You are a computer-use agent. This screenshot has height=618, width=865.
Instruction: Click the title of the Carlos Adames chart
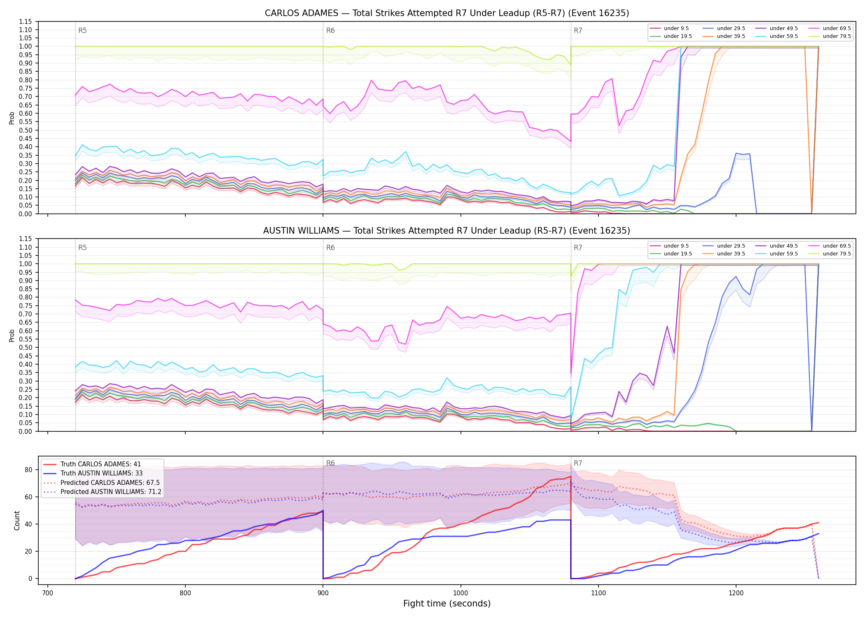[x=447, y=13]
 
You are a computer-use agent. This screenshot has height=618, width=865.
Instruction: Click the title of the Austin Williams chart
[x=447, y=231]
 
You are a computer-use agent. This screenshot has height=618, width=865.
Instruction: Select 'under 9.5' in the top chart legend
[x=676, y=28]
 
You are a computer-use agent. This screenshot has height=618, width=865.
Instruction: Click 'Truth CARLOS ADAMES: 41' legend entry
[x=101, y=464]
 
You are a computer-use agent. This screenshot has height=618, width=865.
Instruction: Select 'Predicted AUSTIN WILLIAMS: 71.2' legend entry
[x=111, y=492]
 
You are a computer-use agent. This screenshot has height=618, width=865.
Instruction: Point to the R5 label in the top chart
[x=82, y=30]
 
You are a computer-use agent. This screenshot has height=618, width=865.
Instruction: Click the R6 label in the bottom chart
[x=330, y=463]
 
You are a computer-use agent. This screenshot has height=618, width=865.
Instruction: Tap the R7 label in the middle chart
[x=578, y=248]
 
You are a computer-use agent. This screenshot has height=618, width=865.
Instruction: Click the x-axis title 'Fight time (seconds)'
[x=447, y=604]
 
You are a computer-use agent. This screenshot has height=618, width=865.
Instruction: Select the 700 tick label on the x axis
[x=48, y=593]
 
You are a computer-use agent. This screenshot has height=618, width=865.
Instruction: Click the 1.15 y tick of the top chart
[x=26, y=21]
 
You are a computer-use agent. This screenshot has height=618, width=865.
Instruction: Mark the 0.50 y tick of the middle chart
[x=26, y=347]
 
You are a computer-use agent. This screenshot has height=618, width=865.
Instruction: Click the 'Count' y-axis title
[x=17, y=520]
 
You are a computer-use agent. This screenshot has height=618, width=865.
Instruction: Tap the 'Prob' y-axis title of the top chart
[x=12, y=118]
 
